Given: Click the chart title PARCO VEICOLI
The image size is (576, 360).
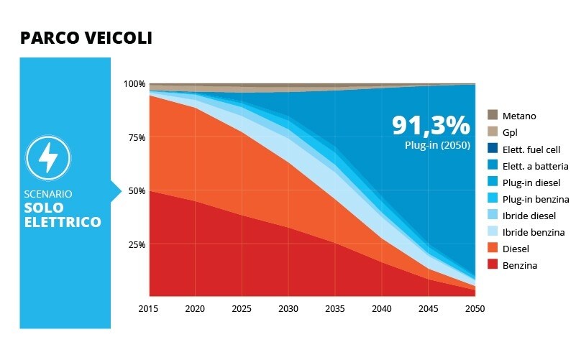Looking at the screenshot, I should pos(86,38).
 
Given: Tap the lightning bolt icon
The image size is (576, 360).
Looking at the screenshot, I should pos(47,158).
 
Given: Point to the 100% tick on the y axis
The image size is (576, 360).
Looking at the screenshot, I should pos(134,84).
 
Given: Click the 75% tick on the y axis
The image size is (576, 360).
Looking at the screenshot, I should pos(135,137).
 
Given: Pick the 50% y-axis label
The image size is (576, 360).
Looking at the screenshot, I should pos(135,191).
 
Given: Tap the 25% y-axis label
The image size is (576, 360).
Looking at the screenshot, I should pos(135,245).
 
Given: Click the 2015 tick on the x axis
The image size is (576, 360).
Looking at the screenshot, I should pos(150,309).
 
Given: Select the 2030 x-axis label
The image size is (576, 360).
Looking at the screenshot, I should pos(288,309).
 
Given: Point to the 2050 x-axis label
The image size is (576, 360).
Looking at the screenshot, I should pos(475,309).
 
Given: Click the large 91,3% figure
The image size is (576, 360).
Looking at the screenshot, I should pos(431,126).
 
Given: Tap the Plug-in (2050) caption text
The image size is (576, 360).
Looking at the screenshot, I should pos(437,145).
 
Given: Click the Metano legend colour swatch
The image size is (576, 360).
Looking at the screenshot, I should pos(493,116).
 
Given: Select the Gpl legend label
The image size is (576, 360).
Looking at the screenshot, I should pos(511,132).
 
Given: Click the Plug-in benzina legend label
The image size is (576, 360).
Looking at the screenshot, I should pos(536,199).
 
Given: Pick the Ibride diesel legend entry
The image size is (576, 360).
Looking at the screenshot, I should pos(531,216).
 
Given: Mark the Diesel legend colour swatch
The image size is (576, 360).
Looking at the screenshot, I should pos(493,249).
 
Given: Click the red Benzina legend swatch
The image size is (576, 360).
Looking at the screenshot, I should pos(493,265).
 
